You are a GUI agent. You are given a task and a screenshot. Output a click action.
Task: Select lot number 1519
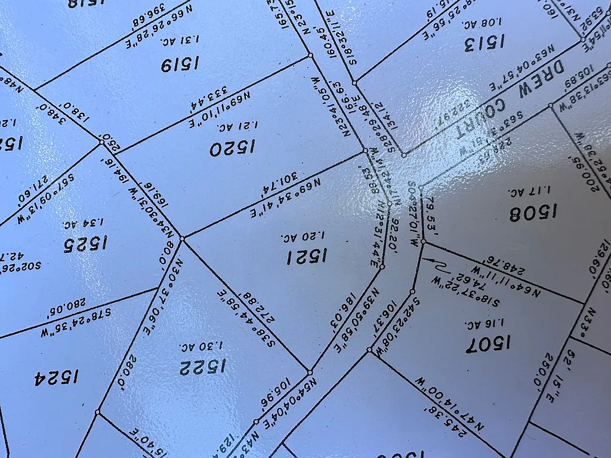tap(180, 64)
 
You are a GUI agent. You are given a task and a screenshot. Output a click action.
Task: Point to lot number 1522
tap(203, 366)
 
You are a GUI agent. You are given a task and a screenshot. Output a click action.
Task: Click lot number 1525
tap(85, 243)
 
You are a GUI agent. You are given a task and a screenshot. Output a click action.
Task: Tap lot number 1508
tap(533, 212)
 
